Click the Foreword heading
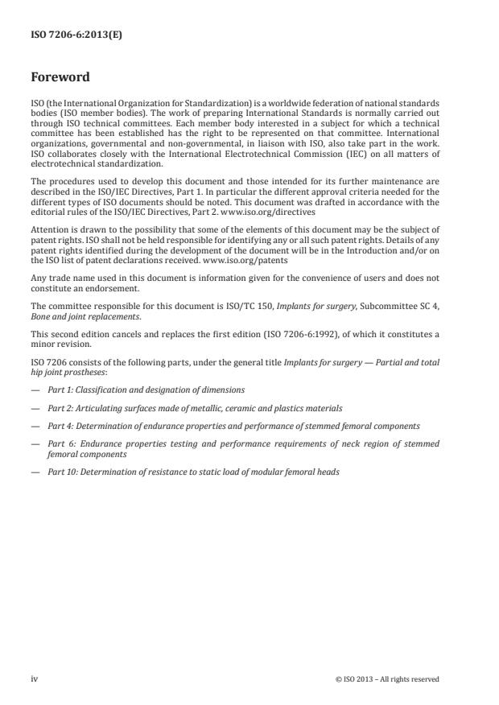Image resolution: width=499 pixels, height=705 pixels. (60, 78)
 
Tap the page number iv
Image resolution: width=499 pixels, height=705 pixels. (34, 678)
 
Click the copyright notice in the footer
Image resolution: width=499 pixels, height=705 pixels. (387, 678)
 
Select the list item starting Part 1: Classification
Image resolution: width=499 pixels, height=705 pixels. (146, 390)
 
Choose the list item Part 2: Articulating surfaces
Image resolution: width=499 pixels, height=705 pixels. (194, 408)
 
